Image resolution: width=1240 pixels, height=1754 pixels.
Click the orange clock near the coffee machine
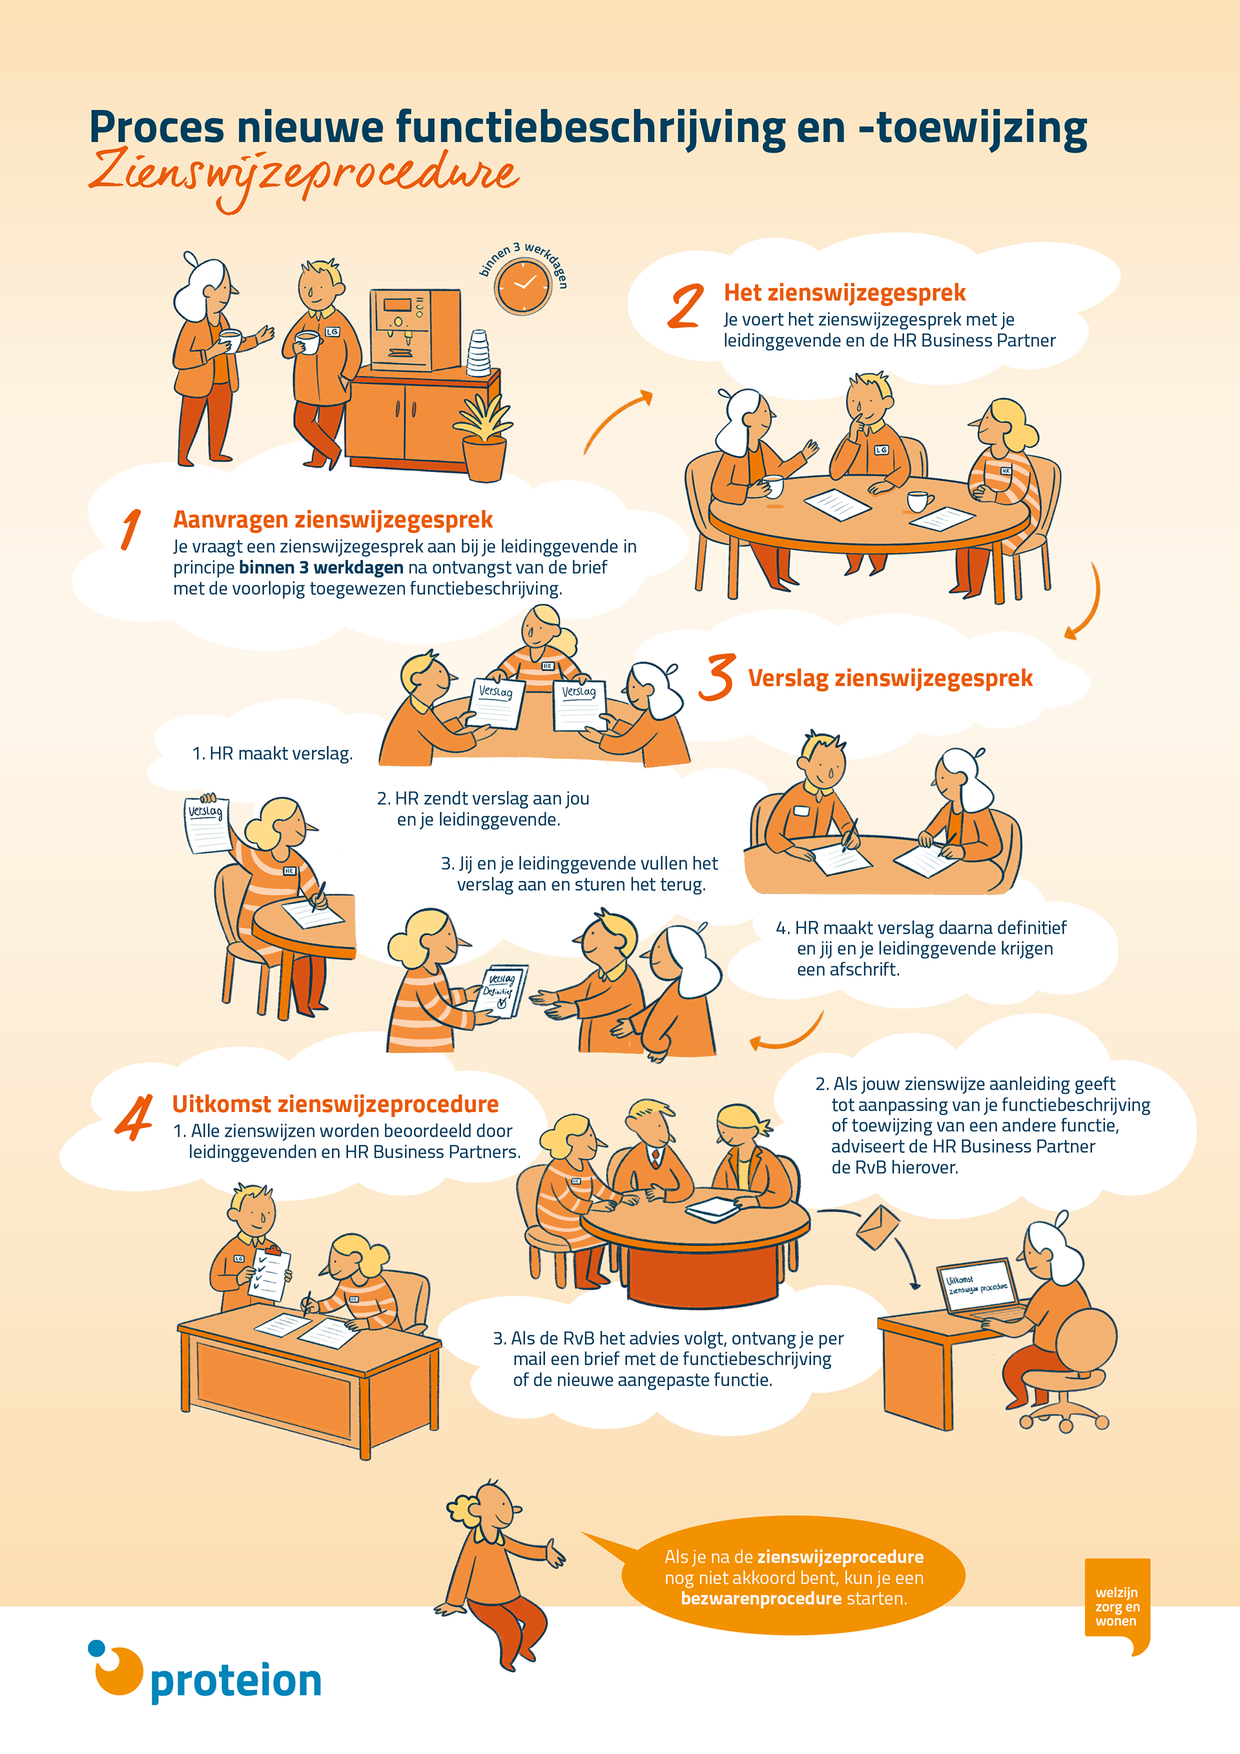tap(522, 287)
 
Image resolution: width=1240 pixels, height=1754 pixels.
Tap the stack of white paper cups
tap(479, 353)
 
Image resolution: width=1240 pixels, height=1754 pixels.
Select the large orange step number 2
tap(685, 305)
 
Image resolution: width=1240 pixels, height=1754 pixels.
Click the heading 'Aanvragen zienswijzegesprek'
tap(333, 519)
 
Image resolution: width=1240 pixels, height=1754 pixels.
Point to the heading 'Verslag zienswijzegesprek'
tap(890, 678)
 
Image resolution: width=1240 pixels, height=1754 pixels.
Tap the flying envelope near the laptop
tap(878, 1227)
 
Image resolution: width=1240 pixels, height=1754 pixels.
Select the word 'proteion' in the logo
tap(236, 1682)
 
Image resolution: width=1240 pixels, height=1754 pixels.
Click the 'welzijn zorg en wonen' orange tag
tap(1117, 1607)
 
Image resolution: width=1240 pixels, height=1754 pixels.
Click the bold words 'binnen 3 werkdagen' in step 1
tap(321, 568)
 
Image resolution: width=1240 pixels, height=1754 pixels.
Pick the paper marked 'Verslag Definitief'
tap(501, 991)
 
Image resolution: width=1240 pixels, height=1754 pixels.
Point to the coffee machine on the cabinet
tap(415, 329)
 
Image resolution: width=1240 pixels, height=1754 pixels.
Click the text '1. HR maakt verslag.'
tap(272, 754)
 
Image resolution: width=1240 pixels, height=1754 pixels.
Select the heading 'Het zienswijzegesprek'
tap(844, 293)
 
